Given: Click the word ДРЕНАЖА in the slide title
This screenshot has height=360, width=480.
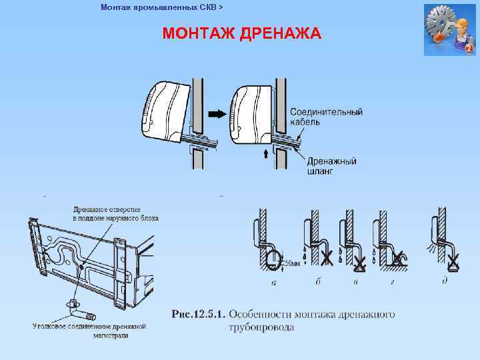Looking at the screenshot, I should pyautogui.click(x=279, y=33).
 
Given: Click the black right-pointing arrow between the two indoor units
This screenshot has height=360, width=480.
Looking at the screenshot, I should pyautogui.click(x=217, y=114).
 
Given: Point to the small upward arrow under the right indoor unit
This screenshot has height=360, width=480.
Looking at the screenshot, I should pyautogui.click(x=266, y=154).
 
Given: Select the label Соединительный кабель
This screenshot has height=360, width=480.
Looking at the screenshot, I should pyautogui.click(x=326, y=117).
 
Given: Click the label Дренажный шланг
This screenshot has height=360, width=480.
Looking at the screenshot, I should pyautogui.click(x=331, y=165).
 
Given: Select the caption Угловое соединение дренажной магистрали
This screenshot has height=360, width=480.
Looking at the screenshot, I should pyautogui.click(x=89, y=330).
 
